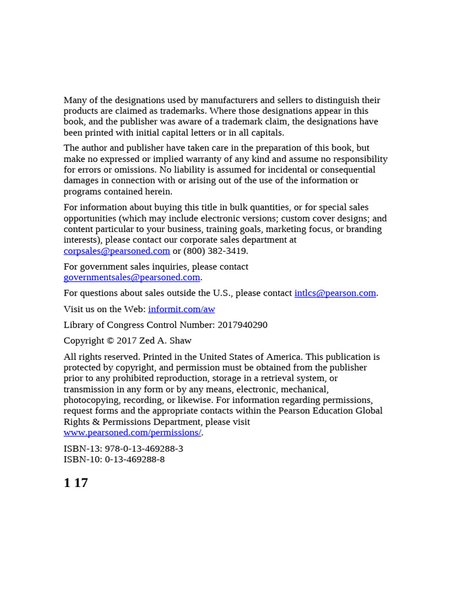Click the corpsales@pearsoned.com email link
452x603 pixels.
click(117, 251)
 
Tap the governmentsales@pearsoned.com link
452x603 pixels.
click(132, 277)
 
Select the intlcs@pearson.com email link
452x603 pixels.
click(335, 293)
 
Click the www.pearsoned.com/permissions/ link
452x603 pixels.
click(132, 433)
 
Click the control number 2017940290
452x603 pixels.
click(242, 325)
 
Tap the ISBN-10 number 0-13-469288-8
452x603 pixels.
click(135, 459)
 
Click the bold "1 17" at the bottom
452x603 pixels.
click(76, 483)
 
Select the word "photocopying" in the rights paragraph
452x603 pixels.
click(91, 400)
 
